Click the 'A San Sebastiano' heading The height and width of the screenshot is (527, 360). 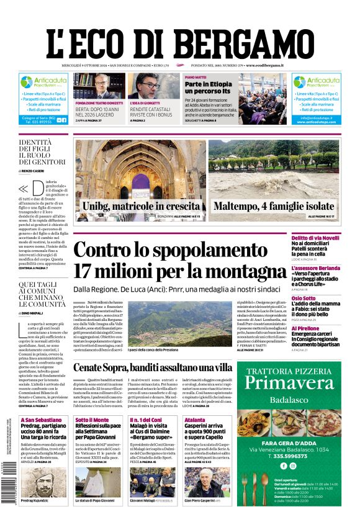[x=37, y=420]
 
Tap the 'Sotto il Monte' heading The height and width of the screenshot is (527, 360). [x=91, y=420]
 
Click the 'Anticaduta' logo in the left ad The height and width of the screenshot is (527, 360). [x=43, y=81]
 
